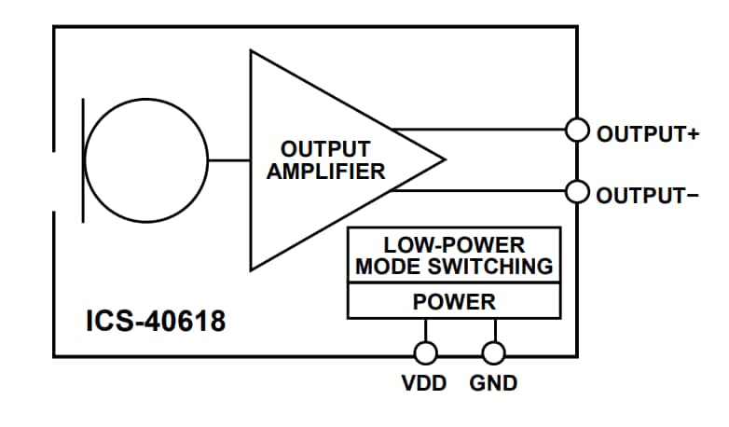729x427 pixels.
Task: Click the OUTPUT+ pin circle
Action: pyautogui.click(x=578, y=131)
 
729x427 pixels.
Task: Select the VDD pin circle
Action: pyautogui.click(x=426, y=353)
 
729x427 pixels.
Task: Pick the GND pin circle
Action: pyautogui.click(x=494, y=353)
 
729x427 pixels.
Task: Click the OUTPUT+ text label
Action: pyautogui.click(x=647, y=132)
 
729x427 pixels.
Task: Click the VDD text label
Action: pyautogui.click(x=425, y=383)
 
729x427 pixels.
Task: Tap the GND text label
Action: pyautogui.click(x=493, y=383)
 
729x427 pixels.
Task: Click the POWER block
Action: pyautogui.click(x=454, y=302)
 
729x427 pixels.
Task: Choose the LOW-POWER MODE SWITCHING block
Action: pyautogui.click(x=454, y=256)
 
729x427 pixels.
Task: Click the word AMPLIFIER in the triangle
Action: pyautogui.click(x=325, y=172)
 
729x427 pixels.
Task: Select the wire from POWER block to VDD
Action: pyautogui.click(x=426, y=331)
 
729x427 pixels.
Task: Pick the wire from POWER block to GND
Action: pyautogui.click(x=494, y=331)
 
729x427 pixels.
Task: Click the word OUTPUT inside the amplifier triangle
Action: pyautogui.click(x=325, y=149)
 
